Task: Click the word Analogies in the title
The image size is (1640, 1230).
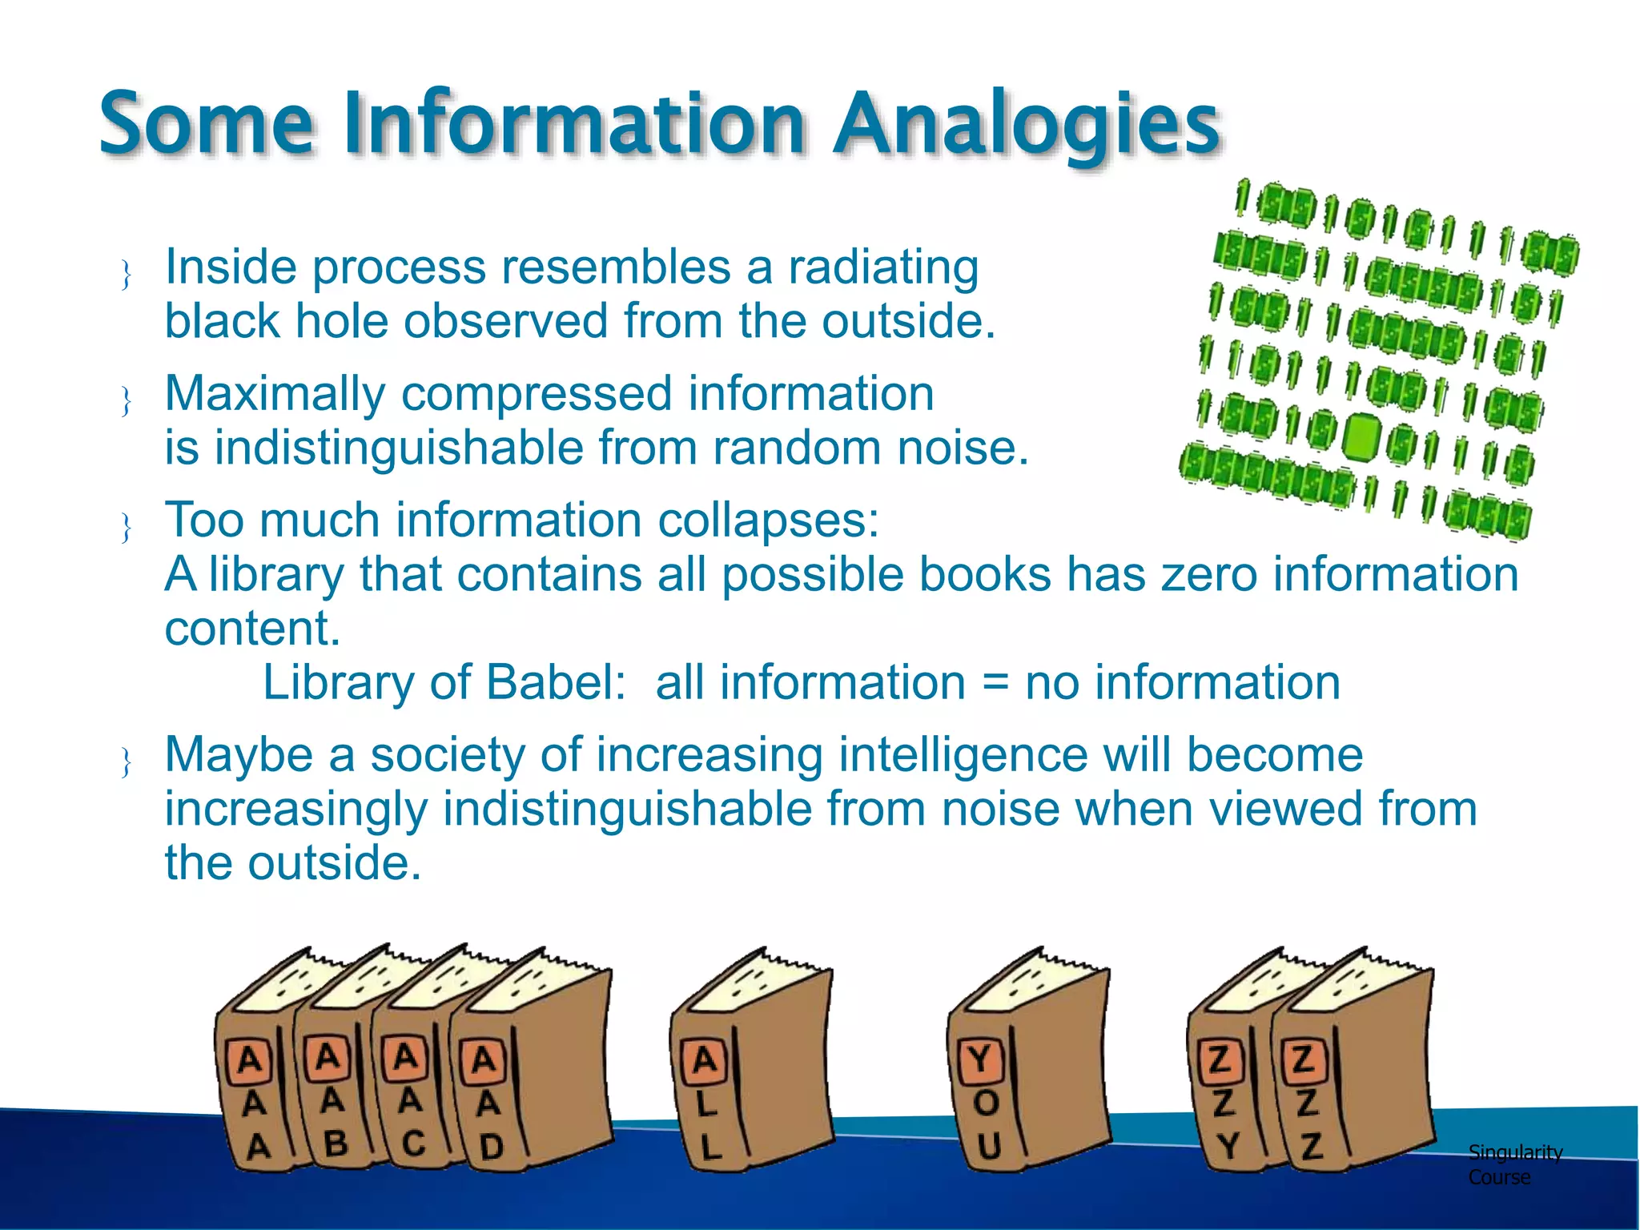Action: point(1027,124)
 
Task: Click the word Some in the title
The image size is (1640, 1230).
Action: point(207,124)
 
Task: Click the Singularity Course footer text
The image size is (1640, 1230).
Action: point(1513,1164)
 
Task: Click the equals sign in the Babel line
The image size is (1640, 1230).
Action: point(995,683)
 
